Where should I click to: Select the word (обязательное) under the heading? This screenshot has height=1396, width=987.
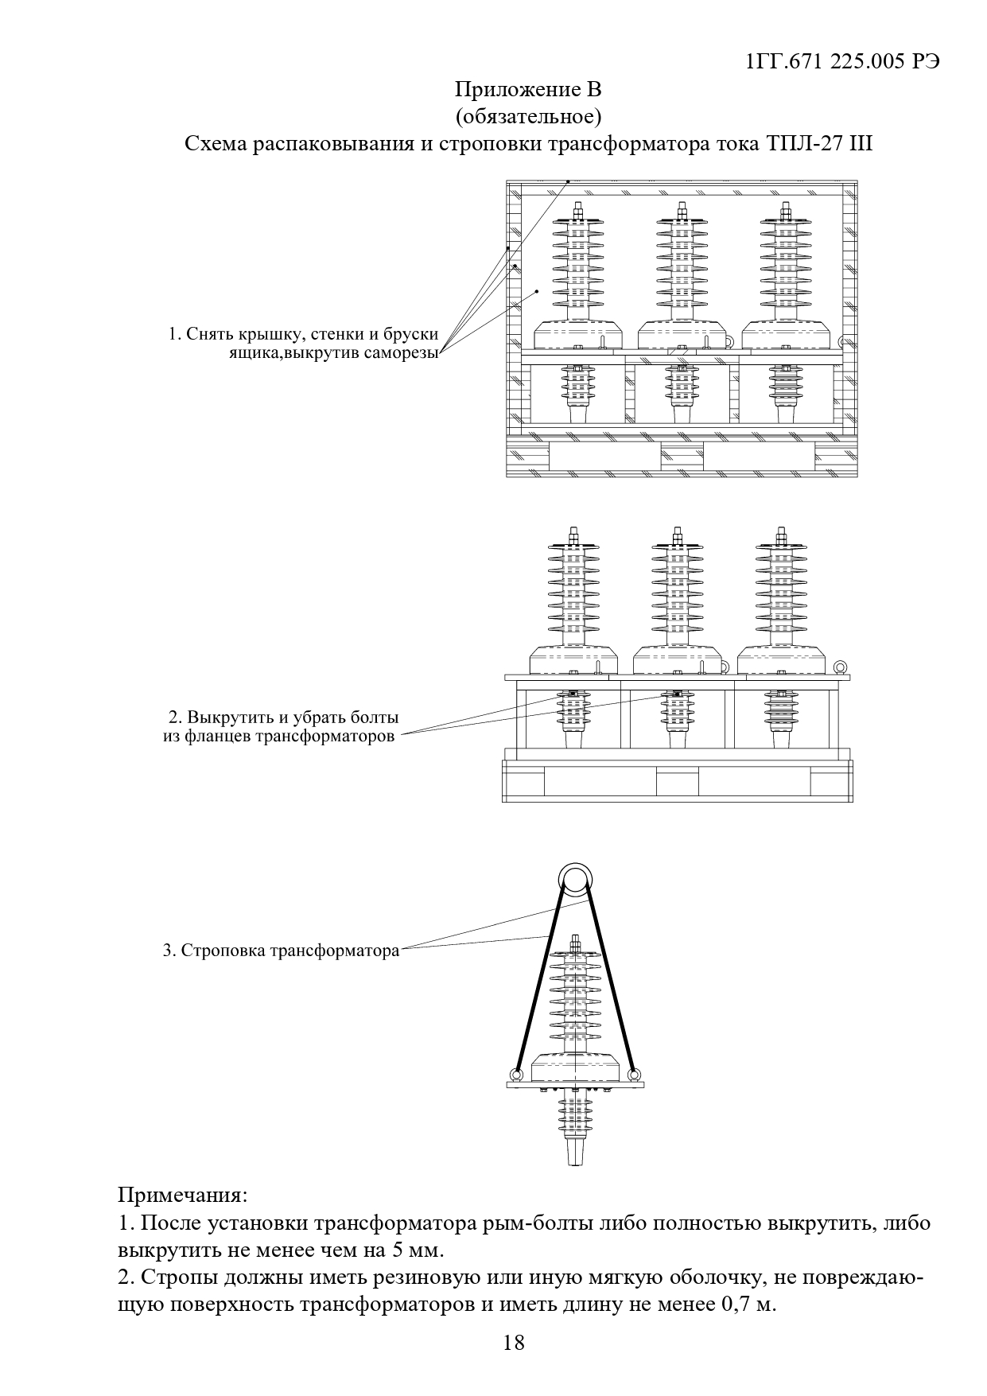coord(528,117)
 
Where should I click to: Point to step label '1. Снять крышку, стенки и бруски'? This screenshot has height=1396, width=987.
coord(304,334)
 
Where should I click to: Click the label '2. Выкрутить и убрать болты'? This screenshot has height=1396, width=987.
coord(284,717)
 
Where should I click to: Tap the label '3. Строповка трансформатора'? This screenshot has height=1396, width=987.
coord(282,950)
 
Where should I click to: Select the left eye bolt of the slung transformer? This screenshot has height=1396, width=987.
coord(515,1075)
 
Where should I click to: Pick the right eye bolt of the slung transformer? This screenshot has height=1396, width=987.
coord(634,1075)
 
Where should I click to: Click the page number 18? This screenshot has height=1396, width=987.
coord(514,1343)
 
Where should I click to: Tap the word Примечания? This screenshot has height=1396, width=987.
coord(182,1195)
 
